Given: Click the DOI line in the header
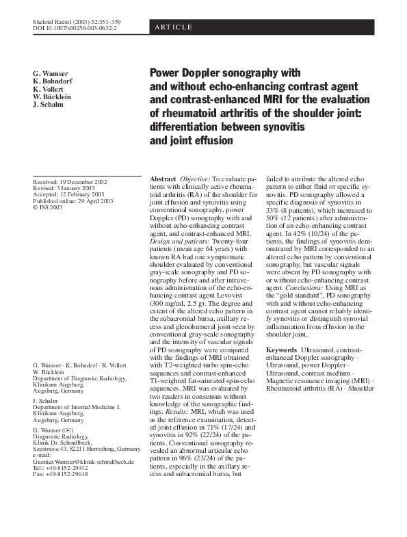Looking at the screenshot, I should (x=75, y=30).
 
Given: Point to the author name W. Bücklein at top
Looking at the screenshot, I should (x=51, y=97).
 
